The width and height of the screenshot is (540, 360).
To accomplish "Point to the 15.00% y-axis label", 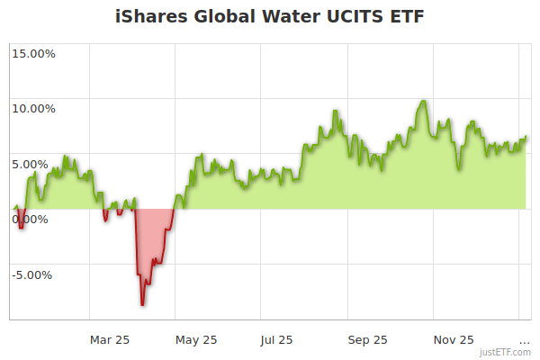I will [33, 53].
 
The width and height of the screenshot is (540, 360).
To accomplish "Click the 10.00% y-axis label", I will [33, 109].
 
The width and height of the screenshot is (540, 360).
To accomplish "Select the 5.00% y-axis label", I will [37, 164].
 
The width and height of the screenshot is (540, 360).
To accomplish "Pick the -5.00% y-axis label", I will [34, 275].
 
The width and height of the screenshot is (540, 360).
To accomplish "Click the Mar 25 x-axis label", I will [110, 340].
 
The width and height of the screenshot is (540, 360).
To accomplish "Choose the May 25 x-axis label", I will [197, 340].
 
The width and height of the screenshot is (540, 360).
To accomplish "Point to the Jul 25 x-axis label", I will [276, 340].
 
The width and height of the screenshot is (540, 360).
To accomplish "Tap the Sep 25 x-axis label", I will [367, 340].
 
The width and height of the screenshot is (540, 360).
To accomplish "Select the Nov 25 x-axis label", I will [454, 340].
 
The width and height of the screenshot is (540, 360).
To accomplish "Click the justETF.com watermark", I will [505, 352].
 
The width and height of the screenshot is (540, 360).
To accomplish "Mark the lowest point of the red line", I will [141, 305].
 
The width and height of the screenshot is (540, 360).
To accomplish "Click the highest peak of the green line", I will [422, 101].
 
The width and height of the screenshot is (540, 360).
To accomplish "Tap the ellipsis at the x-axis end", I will [525, 340].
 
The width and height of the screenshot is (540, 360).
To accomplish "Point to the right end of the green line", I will [526, 137].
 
